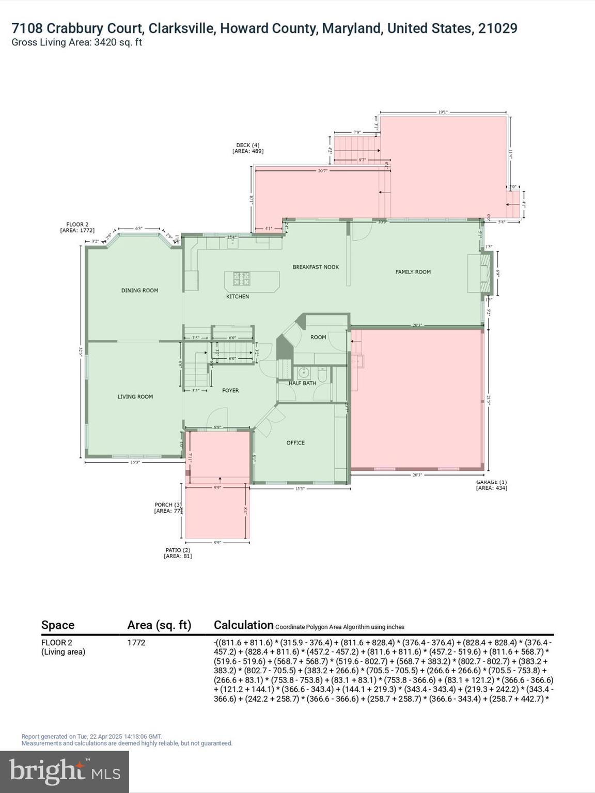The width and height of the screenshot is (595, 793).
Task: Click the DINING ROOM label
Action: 139,290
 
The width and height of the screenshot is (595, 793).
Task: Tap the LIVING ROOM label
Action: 135,396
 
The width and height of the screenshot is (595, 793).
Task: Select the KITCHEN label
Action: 238,296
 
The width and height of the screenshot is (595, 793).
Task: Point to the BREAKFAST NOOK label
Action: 316,267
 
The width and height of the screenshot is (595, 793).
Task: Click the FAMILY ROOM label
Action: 413,272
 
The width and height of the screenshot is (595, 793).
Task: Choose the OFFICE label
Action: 295,442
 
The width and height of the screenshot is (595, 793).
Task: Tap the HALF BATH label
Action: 302,383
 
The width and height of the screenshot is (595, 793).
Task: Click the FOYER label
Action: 230,390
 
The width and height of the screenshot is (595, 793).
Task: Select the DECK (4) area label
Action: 248,148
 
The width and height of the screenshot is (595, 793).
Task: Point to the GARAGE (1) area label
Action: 491,485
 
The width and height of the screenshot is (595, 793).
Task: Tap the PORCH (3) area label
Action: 168,507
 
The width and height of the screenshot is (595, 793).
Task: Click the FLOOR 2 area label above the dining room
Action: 77,227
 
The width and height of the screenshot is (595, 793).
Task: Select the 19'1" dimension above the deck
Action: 443,112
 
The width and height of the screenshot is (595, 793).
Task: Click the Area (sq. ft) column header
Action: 159,625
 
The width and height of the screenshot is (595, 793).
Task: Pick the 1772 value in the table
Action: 136,642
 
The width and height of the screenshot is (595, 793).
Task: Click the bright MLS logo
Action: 65,771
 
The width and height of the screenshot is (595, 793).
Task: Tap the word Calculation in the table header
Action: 243,625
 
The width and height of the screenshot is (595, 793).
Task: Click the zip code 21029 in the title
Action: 497,28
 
